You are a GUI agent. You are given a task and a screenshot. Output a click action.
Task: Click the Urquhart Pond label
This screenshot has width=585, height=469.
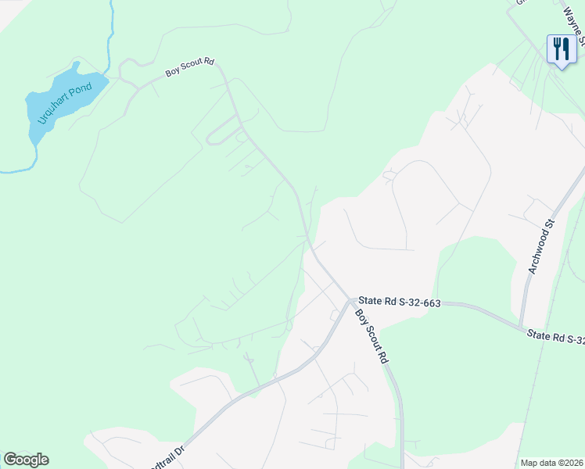[x=67, y=101]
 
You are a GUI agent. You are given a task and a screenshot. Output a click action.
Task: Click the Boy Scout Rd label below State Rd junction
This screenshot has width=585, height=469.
[x=372, y=336]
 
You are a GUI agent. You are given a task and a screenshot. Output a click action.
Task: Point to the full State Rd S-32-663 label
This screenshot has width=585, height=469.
[x=399, y=302]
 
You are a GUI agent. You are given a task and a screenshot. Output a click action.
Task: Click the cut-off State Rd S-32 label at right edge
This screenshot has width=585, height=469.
[x=556, y=337]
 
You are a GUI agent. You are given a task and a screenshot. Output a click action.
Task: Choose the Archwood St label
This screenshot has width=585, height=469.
[x=540, y=246]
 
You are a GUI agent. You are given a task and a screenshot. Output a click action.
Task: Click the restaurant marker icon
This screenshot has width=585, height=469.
[x=562, y=50]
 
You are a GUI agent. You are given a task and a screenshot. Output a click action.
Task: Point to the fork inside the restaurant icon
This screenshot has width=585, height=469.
[x=556, y=48]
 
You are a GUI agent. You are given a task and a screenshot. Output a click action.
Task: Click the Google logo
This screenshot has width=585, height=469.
[x=26, y=460]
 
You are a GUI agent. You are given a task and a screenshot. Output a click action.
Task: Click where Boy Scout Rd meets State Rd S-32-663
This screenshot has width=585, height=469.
[x=348, y=299]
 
